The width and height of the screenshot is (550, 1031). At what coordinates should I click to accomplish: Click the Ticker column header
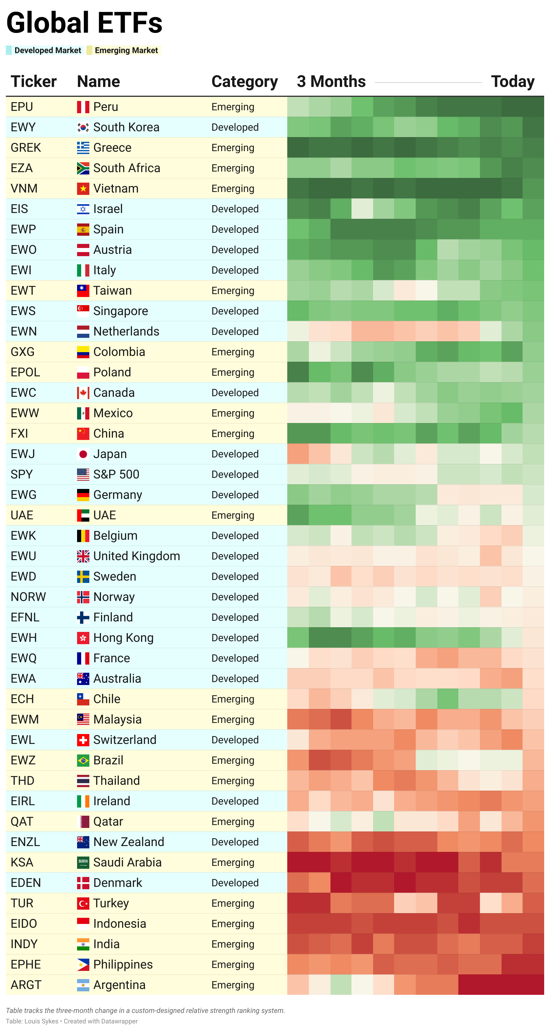point(34,82)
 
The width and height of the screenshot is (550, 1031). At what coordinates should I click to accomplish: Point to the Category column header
point(244,82)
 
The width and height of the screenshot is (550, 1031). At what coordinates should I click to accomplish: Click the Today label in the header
point(512,82)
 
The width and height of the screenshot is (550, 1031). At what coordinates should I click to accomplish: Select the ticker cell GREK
point(26,148)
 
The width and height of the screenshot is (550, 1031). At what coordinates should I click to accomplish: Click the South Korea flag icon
point(83,127)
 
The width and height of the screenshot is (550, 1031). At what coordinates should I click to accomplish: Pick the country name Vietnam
point(116,188)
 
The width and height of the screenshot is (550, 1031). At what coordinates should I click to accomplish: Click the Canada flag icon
point(83,393)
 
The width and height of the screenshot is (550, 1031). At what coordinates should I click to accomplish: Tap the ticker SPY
point(22,474)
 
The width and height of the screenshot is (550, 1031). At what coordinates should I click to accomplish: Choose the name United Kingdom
point(136,556)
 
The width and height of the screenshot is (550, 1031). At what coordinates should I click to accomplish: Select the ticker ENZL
point(25,842)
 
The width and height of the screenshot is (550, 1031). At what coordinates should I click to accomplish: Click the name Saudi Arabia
point(127,862)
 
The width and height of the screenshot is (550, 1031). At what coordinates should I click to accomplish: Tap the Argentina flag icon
point(83,985)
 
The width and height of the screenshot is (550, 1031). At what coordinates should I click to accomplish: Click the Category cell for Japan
point(235,454)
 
